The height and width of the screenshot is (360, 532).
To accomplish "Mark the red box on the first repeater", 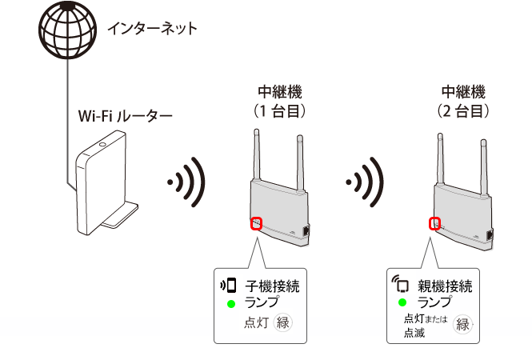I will point(255,223).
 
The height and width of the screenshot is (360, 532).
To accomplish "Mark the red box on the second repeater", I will point(436,223).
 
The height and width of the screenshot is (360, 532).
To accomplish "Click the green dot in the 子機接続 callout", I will point(230,303).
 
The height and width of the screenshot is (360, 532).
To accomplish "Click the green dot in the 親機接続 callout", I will point(402,303).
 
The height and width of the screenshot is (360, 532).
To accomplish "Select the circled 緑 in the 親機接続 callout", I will point(462,324).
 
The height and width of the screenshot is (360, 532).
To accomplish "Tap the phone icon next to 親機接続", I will point(401,285).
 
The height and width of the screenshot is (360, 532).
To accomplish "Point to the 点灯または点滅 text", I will point(425,325).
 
